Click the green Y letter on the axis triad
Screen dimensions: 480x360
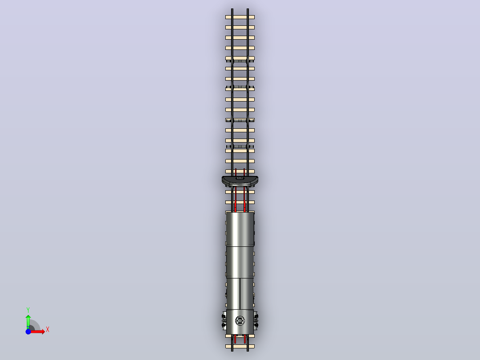tap(28, 310)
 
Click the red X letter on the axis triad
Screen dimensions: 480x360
tap(48, 330)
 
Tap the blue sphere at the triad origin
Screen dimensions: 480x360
tap(28, 331)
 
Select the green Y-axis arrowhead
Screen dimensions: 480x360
tap(28, 317)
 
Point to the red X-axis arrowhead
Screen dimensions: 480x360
tap(43, 331)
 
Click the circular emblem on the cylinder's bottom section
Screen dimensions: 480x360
tap(240, 321)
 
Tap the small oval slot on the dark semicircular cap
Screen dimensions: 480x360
tap(240, 178)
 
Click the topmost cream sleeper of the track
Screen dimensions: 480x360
tap(240, 17)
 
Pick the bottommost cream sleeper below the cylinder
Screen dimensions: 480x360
tap(240, 347)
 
